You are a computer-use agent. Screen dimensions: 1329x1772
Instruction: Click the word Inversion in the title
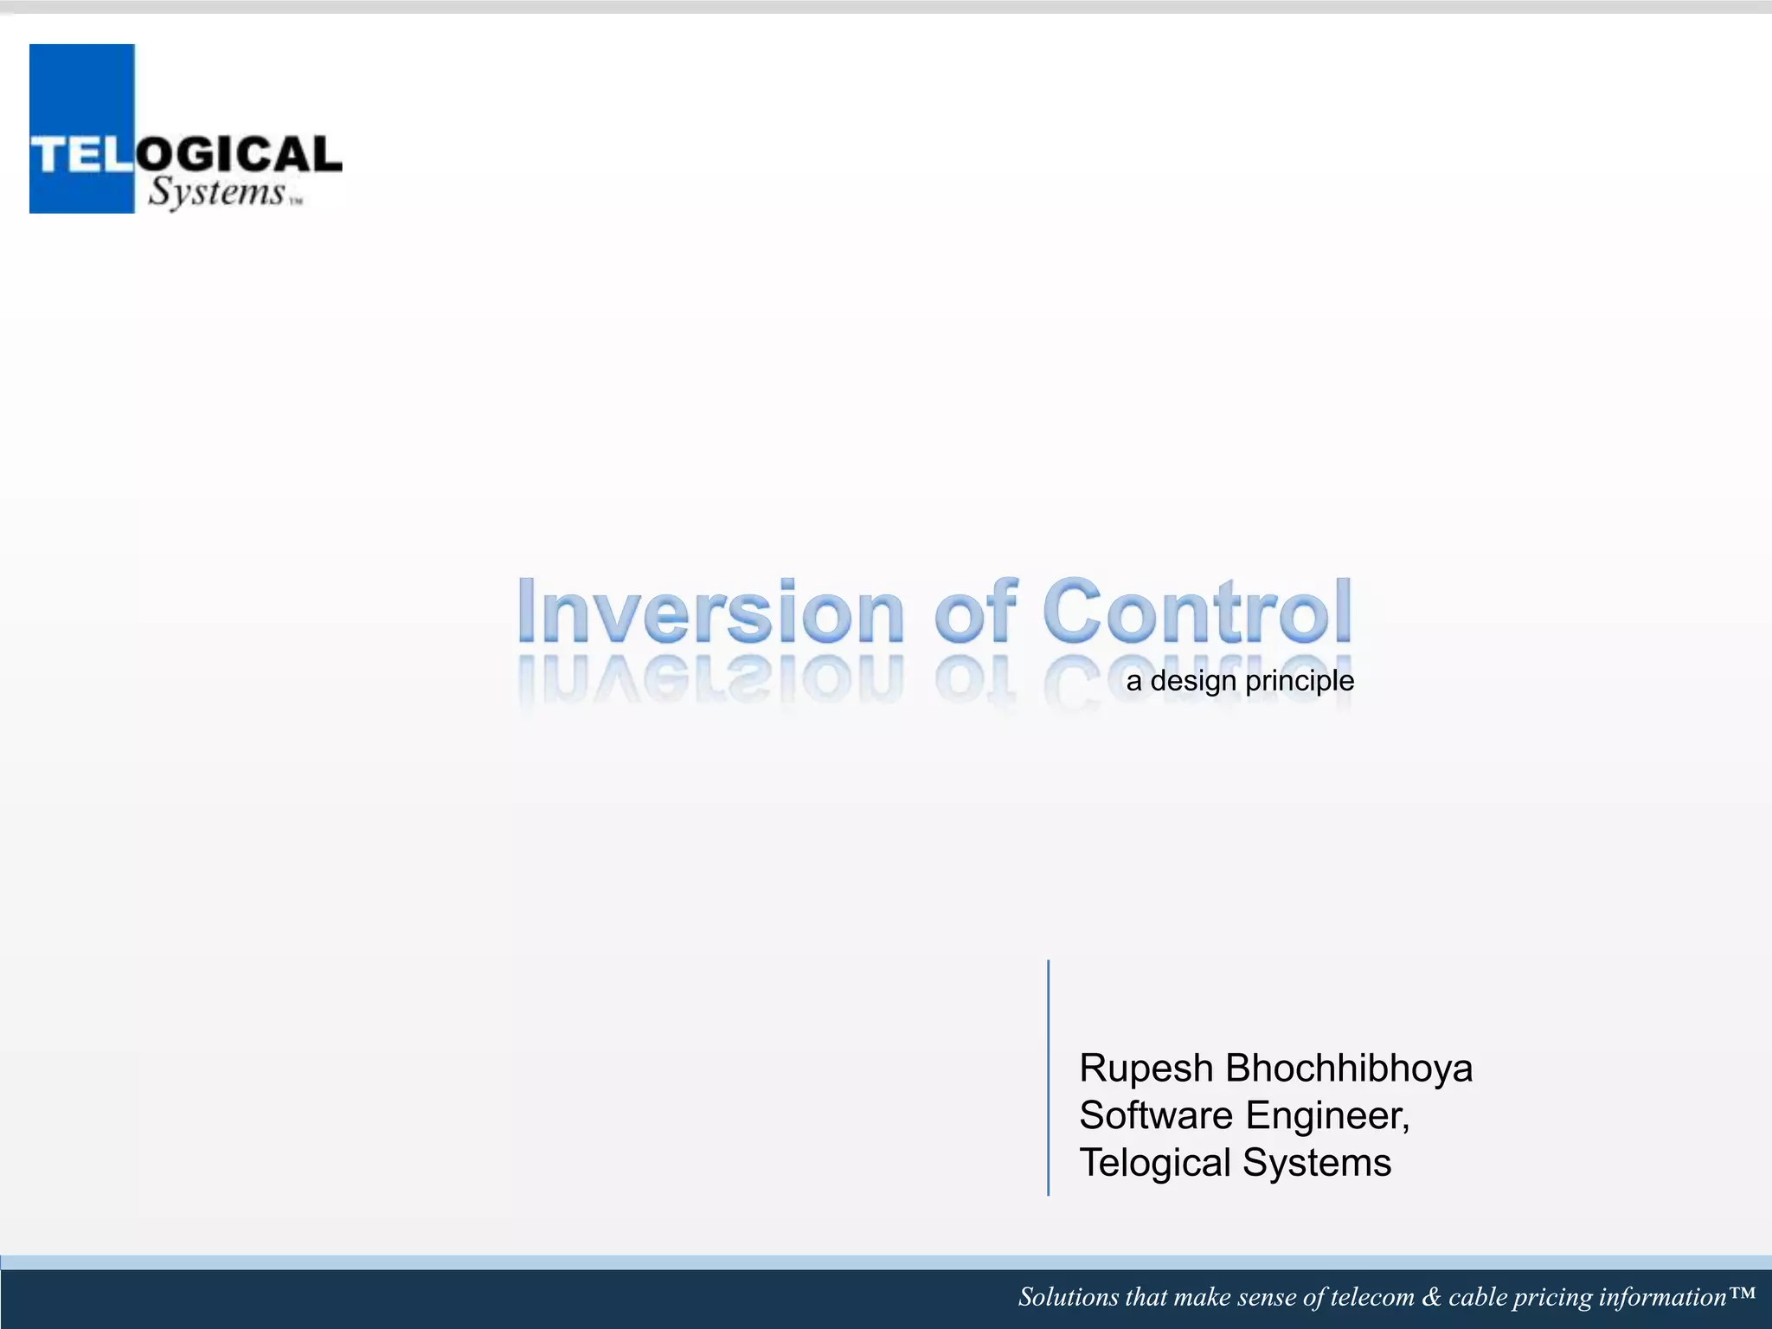(709, 611)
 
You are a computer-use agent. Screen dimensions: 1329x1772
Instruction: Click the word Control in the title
(1197, 611)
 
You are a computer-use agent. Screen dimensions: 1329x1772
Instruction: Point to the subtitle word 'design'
(1193, 682)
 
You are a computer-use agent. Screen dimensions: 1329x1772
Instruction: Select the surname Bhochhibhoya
(1349, 1069)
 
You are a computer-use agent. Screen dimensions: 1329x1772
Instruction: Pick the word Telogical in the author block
(1154, 1163)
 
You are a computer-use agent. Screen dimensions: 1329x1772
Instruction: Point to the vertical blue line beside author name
(1048, 1077)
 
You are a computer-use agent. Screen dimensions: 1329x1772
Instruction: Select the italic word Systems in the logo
(216, 192)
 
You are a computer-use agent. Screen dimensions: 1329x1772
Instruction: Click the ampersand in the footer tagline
(1431, 1297)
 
